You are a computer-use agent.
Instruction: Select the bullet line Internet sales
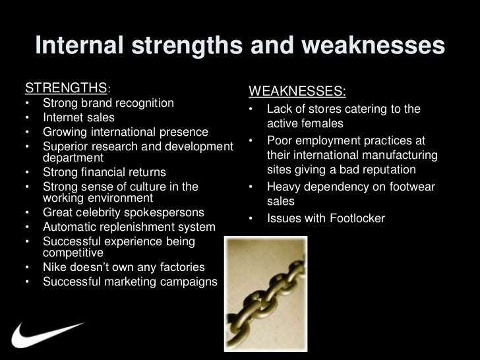78,117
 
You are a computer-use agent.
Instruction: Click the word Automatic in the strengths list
70,227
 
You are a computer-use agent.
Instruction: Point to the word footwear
407,187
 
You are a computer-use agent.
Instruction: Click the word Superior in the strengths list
65,145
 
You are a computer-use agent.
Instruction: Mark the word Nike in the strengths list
55,268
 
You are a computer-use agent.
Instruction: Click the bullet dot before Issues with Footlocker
251,218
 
